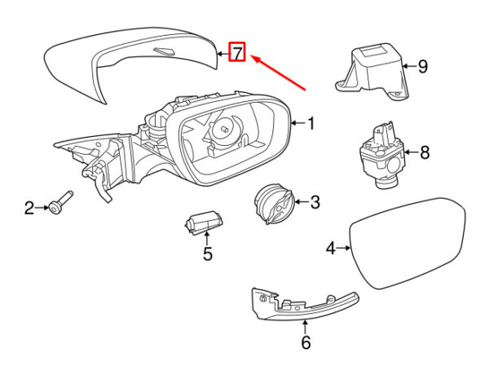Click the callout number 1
click(x=310, y=124)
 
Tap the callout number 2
click(x=29, y=209)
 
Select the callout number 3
click(x=315, y=201)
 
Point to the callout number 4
click(x=331, y=248)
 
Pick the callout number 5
click(x=208, y=254)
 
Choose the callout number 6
click(x=306, y=342)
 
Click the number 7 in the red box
click(x=237, y=54)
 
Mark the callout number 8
click(x=424, y=152)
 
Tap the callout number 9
click(x=422, y=67)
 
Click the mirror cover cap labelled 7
click(x=122, y=61)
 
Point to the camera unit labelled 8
click(x=382, y=155)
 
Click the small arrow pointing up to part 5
click(x=207, y=239)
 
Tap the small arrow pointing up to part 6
click(x=306, y=326)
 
